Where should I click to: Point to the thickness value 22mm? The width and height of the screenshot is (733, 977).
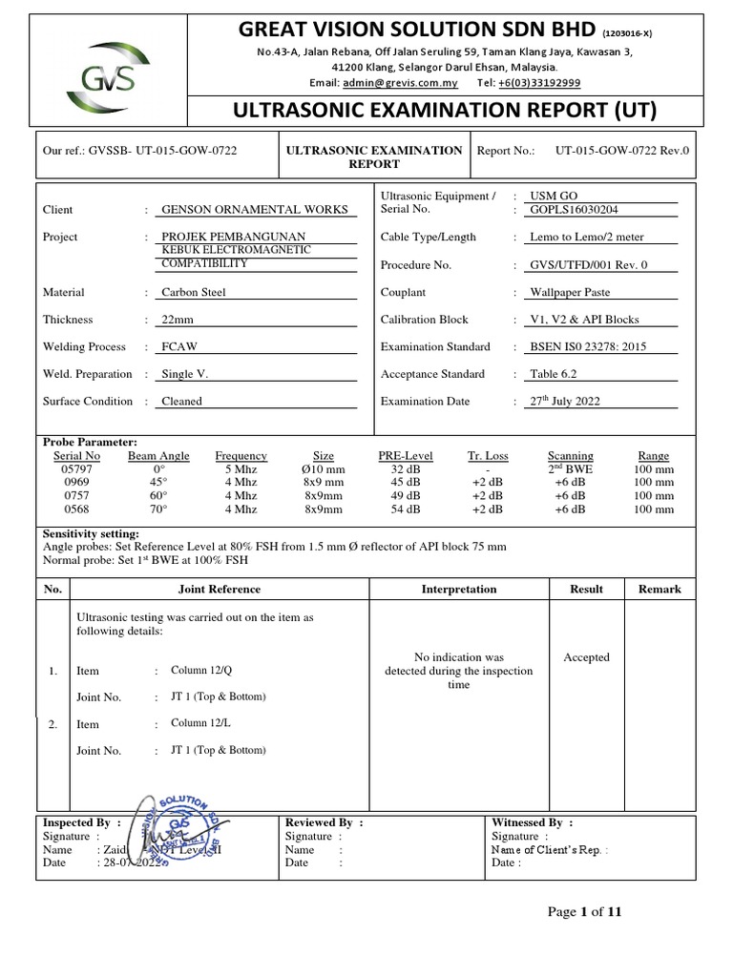pos(178,320)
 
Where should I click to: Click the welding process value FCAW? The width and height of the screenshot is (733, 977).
pos(180,347)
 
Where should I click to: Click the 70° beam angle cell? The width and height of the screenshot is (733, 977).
pos(158,509)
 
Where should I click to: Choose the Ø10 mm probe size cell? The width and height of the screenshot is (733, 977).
pos(324,469)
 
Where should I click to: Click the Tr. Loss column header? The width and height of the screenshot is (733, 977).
pos(488,456)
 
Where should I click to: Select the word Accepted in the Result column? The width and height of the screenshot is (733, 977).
pos(586,657)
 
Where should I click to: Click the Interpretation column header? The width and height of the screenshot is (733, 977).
pos(459,589)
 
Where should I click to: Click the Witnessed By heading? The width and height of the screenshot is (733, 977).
pos(532,821)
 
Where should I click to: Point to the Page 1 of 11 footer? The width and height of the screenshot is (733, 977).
pos(584,912)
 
